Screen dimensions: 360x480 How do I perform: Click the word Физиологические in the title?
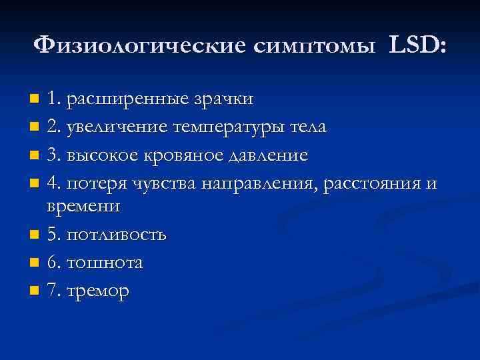[139, 45]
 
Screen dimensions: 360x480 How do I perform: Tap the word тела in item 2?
[308, 128]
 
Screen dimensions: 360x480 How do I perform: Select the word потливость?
[116, 235]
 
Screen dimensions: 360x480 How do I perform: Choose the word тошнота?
[105, 263]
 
